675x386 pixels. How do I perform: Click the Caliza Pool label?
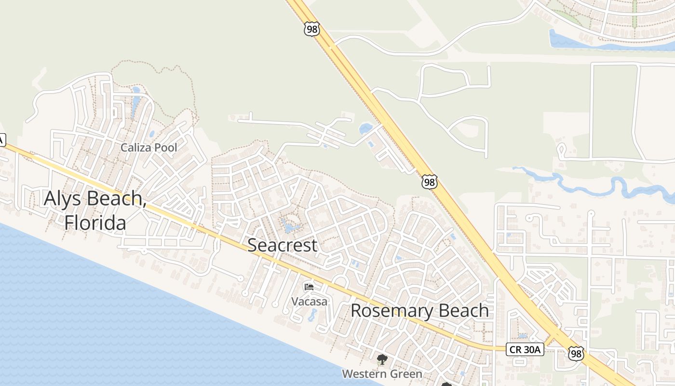coord(148,148)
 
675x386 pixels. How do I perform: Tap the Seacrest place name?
coord(282,245)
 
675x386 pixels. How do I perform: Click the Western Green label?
coord(382,374)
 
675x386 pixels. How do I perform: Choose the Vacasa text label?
coord(309,302)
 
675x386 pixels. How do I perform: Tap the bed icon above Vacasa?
coord(309,287)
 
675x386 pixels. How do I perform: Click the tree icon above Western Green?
coord(382,359)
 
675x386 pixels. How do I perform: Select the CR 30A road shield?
coord(525,349)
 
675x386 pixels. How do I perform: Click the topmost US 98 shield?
coord(312,29)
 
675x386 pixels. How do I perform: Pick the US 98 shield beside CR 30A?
coord(576,354)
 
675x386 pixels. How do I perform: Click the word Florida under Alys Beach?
coord(95,223)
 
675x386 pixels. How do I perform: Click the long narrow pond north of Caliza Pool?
coord(135,104)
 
